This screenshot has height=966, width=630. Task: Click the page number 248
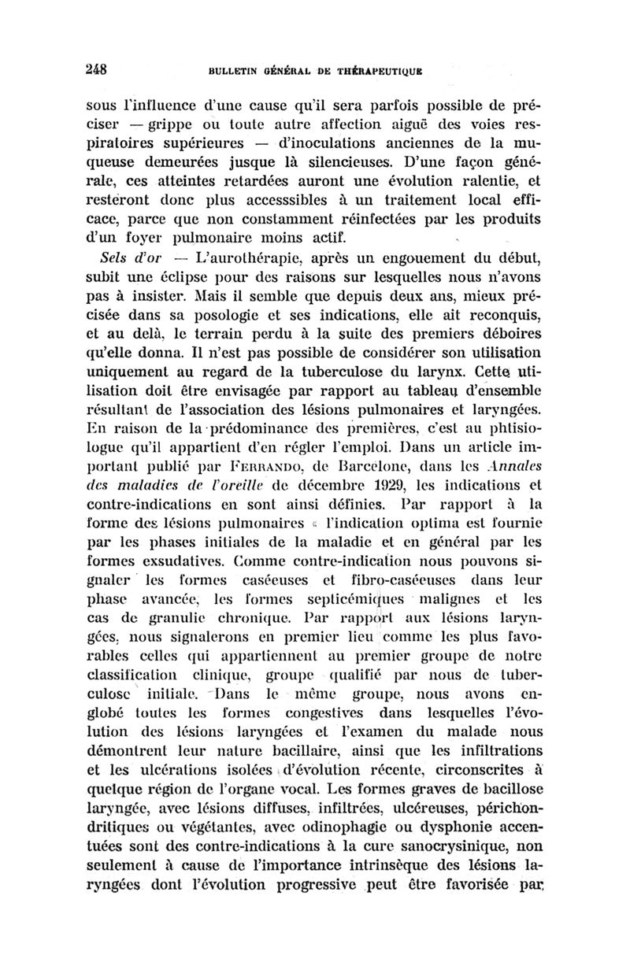(95, 68)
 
